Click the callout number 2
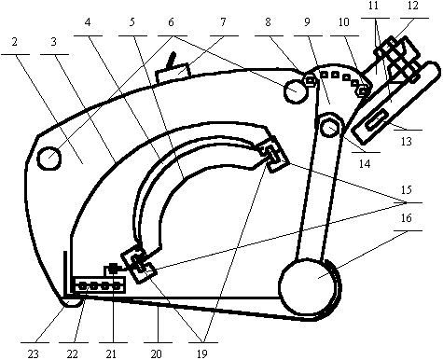(15, 42)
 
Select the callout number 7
(223, 22)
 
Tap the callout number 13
(407, 142)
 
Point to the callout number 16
(407, 218)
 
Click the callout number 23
(34, 353)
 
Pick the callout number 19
(201, 353)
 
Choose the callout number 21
(111, 353)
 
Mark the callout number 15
(407, 189)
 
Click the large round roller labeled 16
(310, 288)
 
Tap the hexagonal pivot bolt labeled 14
(329, 127)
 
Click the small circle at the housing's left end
(49, 159)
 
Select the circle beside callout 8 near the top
(295, 91)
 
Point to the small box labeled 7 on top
(173, 73)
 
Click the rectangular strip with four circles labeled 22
(100, 285)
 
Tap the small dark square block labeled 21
(113, 269)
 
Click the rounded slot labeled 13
(378, 119)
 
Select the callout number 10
(344, 22)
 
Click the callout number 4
(88, 22)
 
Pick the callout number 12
(413, 6)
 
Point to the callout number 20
(157, 353)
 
